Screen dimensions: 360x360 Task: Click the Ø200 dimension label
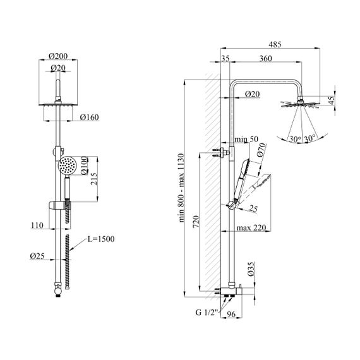point(58,56)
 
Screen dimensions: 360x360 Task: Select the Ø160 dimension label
point(90,117)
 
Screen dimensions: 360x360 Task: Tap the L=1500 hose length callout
point(101,239)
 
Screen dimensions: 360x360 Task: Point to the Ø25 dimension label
point(37,256)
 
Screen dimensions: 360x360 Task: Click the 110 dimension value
point(37,225)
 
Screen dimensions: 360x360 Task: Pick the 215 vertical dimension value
point(94,179)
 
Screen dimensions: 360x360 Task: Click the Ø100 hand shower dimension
point(84,165)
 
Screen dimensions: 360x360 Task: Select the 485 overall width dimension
point(275,44)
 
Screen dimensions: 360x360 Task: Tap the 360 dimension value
point(266,59)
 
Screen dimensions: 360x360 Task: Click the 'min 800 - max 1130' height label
point(181,188)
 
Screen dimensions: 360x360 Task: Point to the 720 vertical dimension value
point(196,222)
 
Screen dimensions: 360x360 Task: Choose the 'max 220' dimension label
point(251,228)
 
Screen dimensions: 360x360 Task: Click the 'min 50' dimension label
point(246,139)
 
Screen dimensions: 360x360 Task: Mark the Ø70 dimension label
point(261,150)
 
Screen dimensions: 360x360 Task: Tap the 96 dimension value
point(231,314)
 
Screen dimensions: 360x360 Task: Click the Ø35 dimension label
point(251,268)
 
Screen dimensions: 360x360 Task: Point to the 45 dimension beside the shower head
point(332,100)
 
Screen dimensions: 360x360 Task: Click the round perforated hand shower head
point(68,165)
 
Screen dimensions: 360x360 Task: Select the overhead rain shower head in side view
point(300,104)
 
